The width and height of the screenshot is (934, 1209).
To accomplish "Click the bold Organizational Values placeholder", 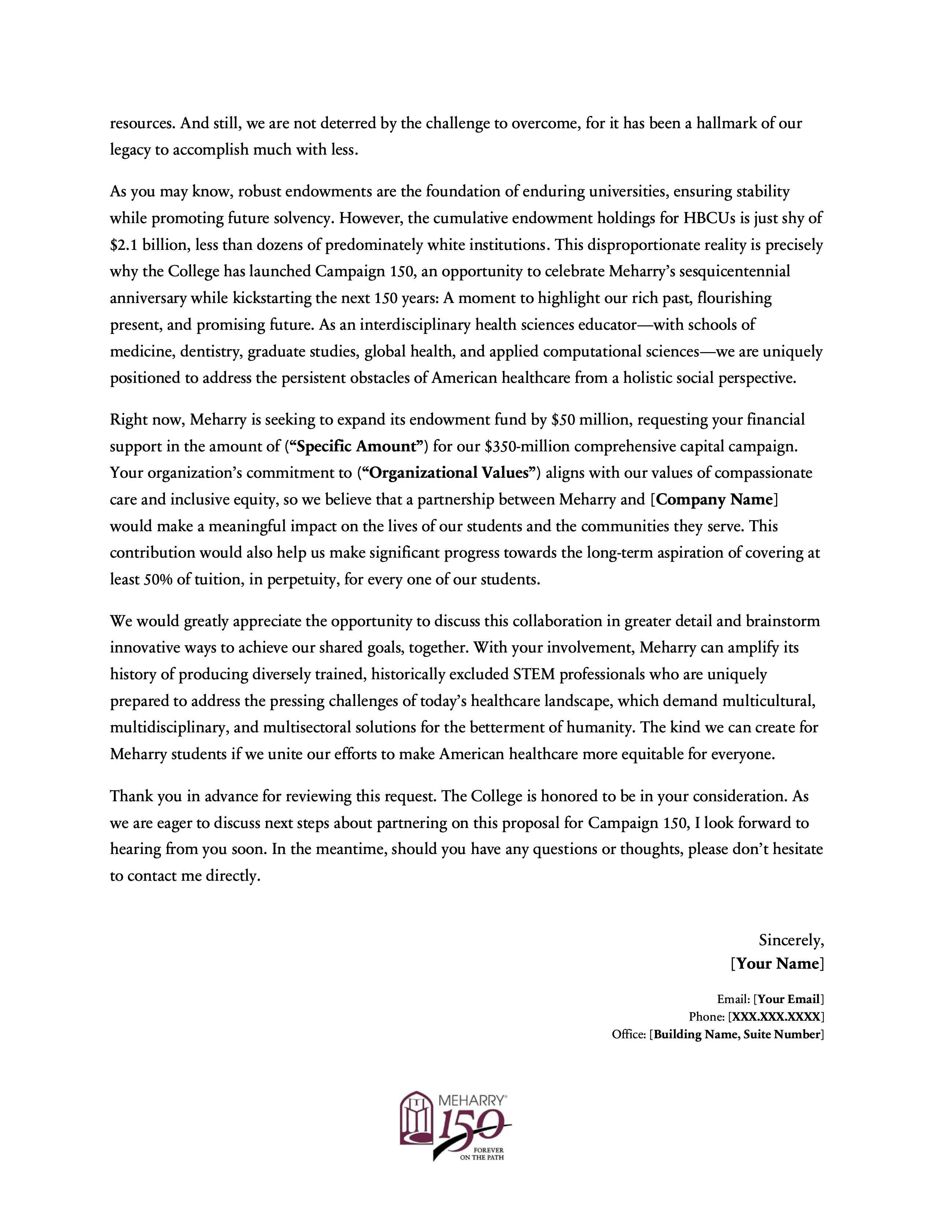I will [x=448, y=473].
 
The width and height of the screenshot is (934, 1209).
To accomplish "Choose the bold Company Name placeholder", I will [x=714, y=499].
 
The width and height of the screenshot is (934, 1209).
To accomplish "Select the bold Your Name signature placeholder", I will [x=777, y=964].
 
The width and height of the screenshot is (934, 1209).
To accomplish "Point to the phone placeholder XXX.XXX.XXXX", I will [x=776, y=1017].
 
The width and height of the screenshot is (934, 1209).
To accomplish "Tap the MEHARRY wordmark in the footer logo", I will [x=472, y=1101].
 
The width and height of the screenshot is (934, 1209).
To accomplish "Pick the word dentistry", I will [x=211, y=351].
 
